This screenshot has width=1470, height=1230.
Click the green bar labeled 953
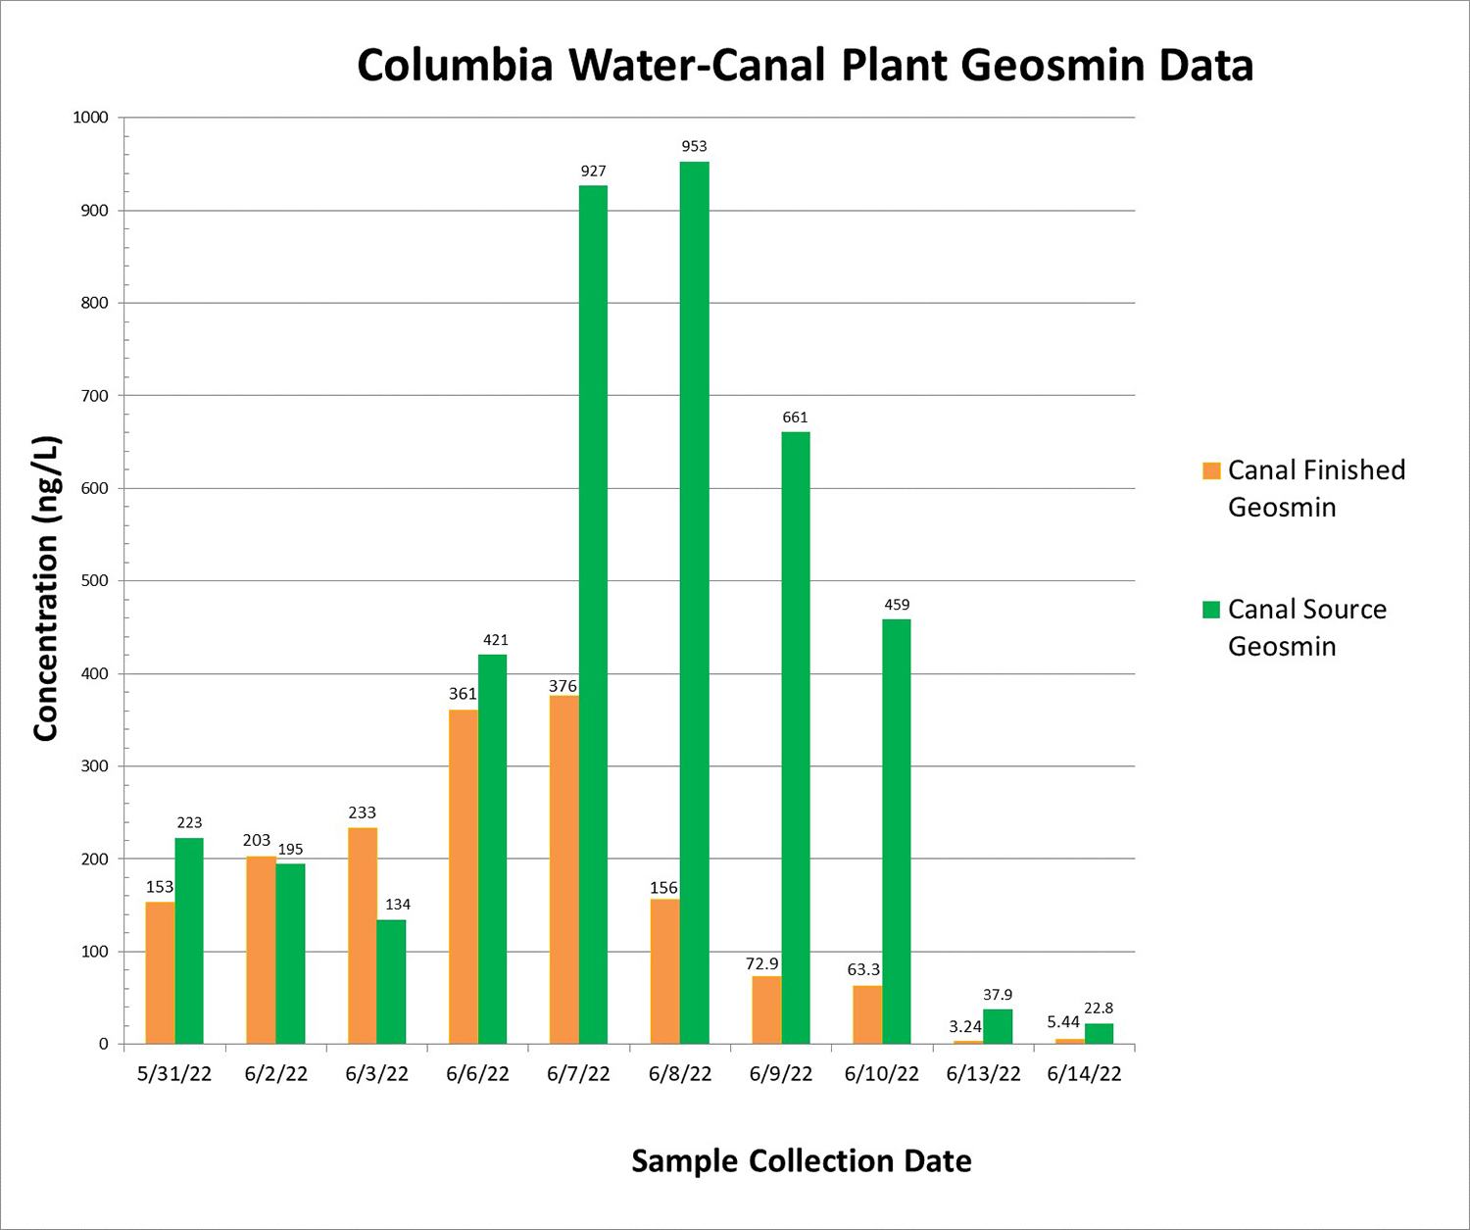(694, 602)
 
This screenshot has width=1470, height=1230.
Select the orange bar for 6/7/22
(564, 869)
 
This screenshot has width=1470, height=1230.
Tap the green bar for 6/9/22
(796, 737)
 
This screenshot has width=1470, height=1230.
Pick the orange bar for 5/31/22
(160, 972)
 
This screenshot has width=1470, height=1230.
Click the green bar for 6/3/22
(391, 981)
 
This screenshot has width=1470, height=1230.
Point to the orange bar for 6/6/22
(464, 876)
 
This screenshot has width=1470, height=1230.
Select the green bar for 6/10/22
(897, 831)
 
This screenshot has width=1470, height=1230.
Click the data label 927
(594, 172)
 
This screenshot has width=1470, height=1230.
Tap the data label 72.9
(762, 963)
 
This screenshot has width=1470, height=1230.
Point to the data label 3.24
(965, 1027)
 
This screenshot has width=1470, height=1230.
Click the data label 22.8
(1099, 1009)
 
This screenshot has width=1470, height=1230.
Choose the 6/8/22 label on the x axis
(680, 1074)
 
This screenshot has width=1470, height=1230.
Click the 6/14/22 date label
(1084, 1074)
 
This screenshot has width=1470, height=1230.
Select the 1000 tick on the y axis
(90, 118)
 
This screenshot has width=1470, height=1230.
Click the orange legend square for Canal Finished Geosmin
(1211, 470)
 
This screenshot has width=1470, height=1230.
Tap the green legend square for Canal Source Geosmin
(1211, 610)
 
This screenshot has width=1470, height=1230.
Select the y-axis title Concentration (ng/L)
(46, 588)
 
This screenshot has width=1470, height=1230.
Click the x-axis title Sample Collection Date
(802, 1161)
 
